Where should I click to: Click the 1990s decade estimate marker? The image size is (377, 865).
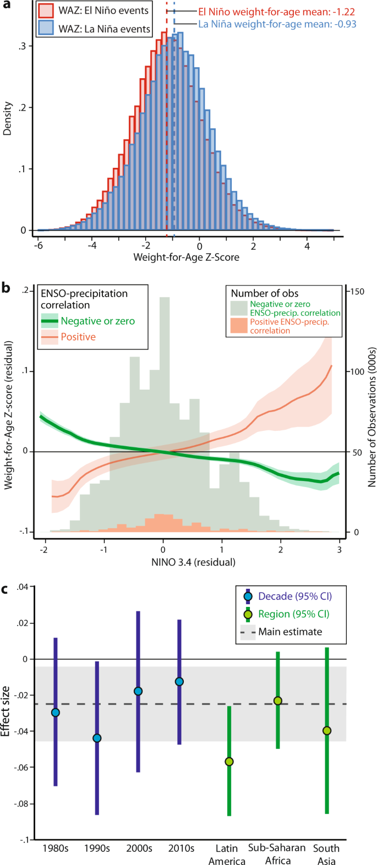pos(97,738)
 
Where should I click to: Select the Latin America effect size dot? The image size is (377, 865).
pos(229,762)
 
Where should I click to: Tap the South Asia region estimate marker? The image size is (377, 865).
pos(327,731)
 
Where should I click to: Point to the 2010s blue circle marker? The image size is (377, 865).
pos(179,682)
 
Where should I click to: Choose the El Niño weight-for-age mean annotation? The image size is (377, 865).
pos(276,12)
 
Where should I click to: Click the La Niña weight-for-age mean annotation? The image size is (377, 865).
pos(277,24)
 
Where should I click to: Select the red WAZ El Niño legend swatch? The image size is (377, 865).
pos(47,10)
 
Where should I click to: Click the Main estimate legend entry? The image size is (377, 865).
pos(289,631)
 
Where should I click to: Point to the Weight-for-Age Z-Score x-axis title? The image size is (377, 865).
pos(187,257)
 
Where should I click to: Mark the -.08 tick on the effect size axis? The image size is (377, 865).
pos(21,804)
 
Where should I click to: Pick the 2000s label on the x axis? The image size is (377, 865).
pos(139,848)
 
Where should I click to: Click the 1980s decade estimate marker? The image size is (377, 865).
pos(55,713)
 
